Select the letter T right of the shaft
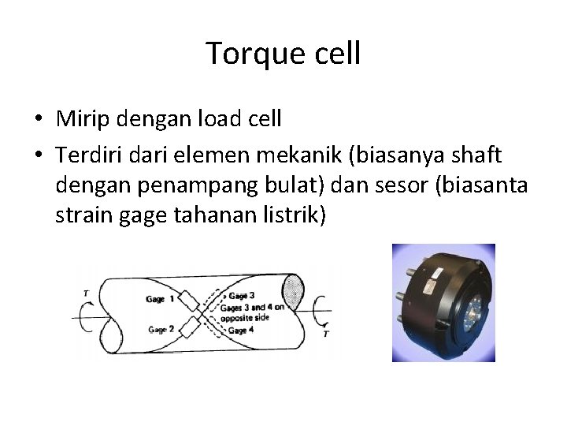pyautogui.click(x=326, y=335)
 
